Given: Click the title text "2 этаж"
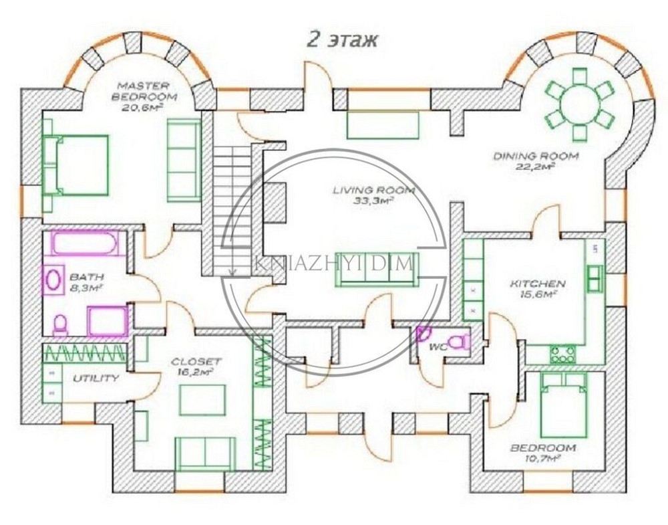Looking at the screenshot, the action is click(x=342, y=41).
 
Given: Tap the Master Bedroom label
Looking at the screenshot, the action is click(x=144, y=96).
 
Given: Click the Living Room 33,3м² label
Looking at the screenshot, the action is click(x=373, y=195).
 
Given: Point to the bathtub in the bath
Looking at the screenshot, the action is click(x=86, y=244).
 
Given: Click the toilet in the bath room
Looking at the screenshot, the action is click(x=59, y=325).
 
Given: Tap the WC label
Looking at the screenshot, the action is click(x=438, y=346).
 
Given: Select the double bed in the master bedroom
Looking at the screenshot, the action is click(x=76, y=165).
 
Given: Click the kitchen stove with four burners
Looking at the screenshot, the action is click(x=562, y=354).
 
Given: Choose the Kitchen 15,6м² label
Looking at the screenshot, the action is click(x=538, y=288).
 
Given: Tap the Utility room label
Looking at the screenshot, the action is click(x=96, y=379).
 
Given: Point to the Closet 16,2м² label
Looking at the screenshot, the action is click(x=196, y=366).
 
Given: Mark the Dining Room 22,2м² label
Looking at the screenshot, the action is click(x=536, y=161).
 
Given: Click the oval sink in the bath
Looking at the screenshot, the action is click(x=53, y=280).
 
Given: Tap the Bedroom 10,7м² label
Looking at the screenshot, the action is click(x=544, y=453).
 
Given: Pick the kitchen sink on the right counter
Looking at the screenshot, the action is click(x=595, y=278).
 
